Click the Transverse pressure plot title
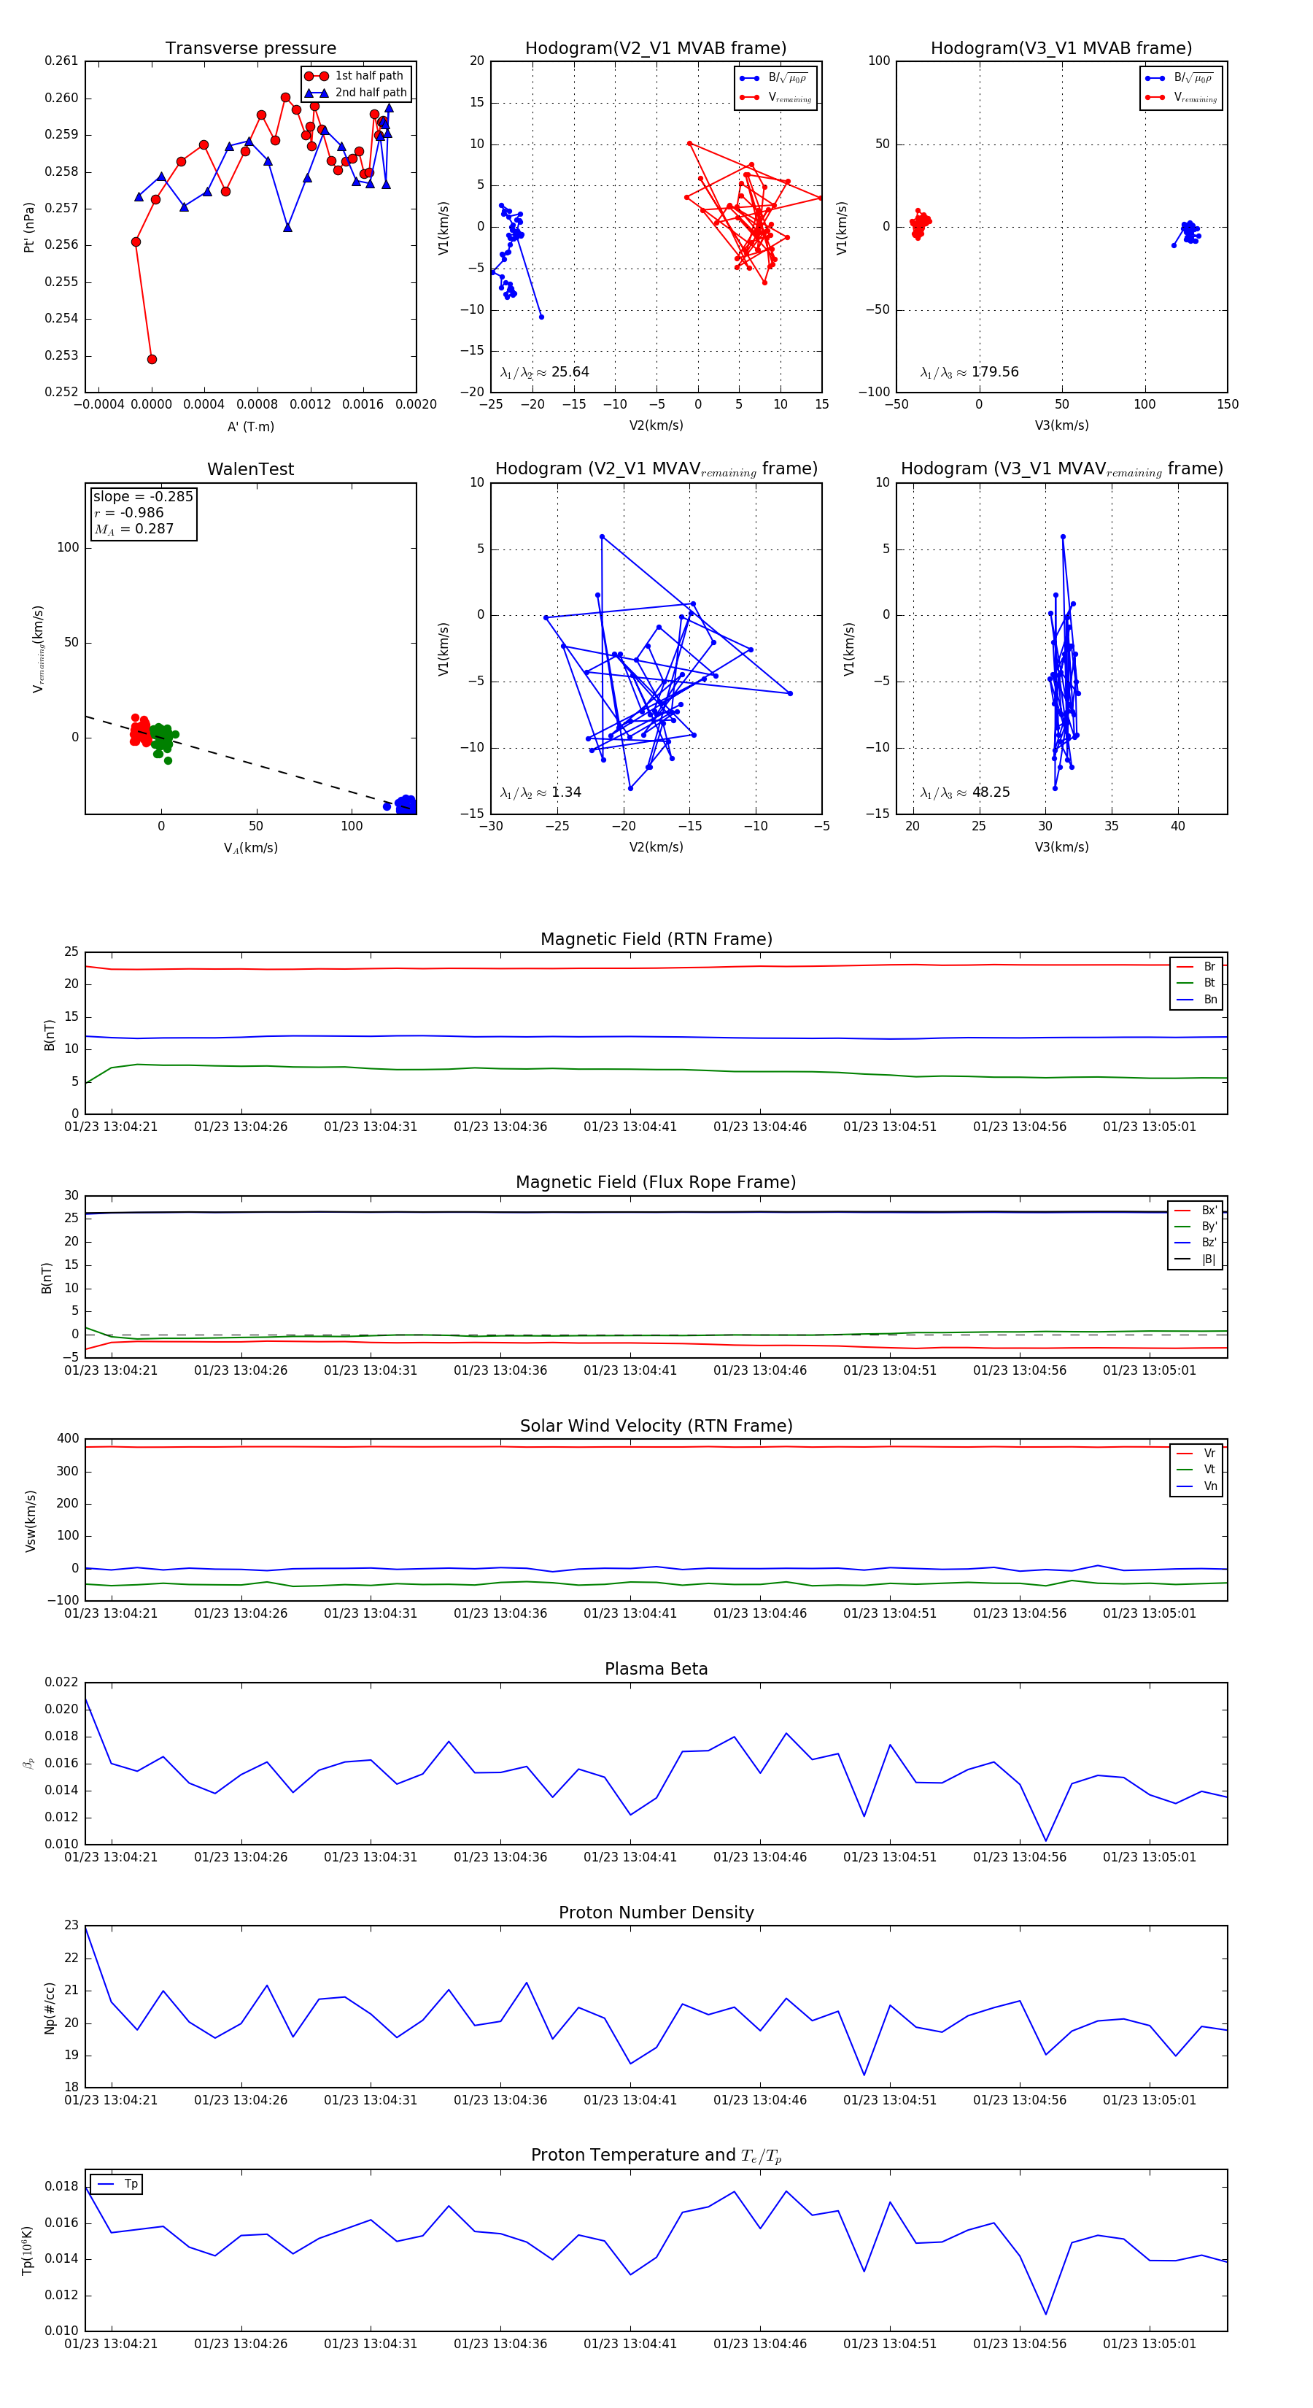pos(250,49)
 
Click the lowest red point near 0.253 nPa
pos(152,359)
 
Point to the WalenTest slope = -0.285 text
pos(143,496)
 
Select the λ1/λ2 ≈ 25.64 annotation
pos(545,372)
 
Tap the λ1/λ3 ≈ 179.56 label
pos(969,372)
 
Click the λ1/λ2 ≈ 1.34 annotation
pos(541,792)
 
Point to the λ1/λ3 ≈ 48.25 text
pos(965,792)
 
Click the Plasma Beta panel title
pos(656,1669)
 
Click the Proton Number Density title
pos(656,1913)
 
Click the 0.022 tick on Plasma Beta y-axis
pos(62,1682)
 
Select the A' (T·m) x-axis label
pos(250,426)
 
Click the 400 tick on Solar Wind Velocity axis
pos(67,1439)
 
